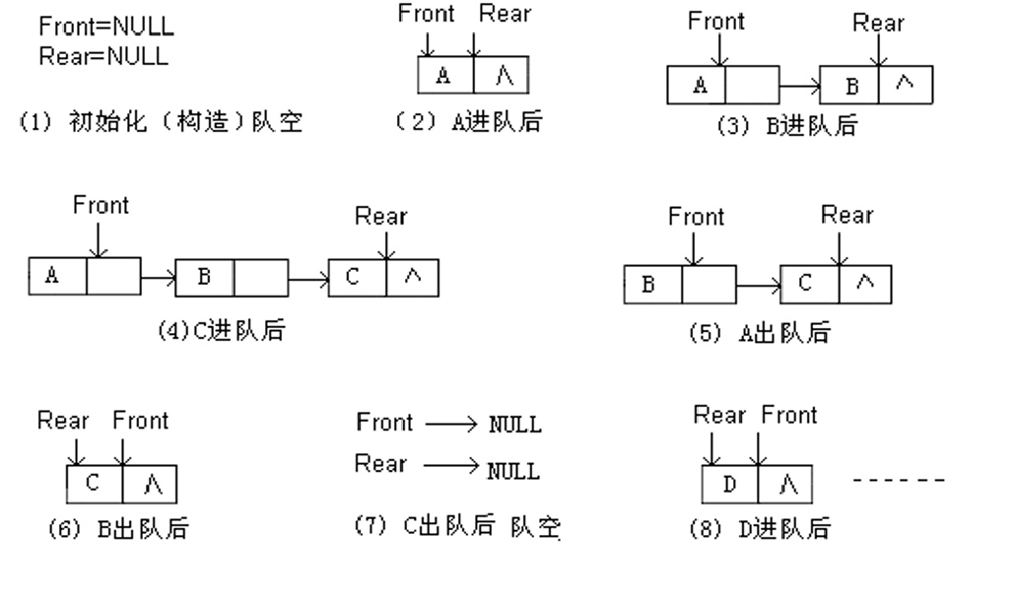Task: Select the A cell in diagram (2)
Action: [445, 75]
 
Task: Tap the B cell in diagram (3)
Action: [848, 86]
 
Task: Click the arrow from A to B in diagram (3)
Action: [798, 86]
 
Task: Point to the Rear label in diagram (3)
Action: [878, 23]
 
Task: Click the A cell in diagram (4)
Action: [57, 277]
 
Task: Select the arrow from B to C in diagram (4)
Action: [308, 278]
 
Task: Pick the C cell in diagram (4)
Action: [355, 278]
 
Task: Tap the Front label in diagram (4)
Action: [101, 206]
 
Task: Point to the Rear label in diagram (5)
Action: [846, 215]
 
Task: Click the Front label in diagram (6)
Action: [141, 421]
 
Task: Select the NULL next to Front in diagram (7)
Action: [515, 425]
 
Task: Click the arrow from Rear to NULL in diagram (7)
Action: [451, 466]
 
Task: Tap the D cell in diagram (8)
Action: [730, 484]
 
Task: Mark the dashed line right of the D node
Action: [899, 481]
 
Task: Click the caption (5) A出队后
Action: [758, 333]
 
